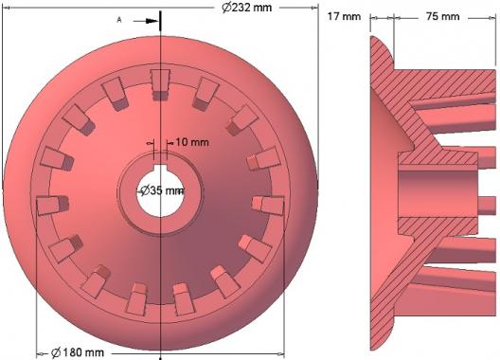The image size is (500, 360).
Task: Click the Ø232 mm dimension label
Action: tap(247, 8)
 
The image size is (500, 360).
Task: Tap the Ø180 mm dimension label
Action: tap(78, 352)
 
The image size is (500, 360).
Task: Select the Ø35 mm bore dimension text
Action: tap(162, 190)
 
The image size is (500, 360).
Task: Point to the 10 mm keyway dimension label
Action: tap(192, 142)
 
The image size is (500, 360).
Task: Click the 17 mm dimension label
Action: tap(344, 16)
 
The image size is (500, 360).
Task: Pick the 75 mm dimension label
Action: tap(443, 16)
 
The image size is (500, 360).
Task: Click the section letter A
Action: tap(119, 20)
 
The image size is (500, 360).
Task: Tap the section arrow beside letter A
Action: tap(146, 21)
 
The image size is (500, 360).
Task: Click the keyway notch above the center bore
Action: tap(160, 168)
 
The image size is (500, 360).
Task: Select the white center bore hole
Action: tap(160, 193)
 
